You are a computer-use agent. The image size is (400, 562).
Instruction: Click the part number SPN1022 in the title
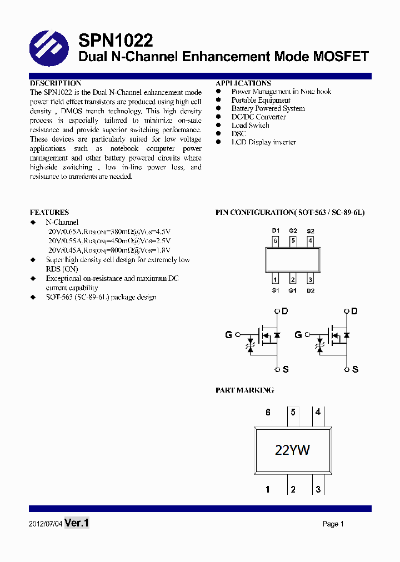click(x=116, y=41)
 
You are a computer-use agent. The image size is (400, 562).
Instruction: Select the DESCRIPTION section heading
click(x=56, y=83)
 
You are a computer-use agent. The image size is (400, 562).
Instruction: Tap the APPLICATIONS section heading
click(x=243, y=83)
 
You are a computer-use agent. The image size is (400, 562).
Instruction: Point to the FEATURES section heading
click(x=49, y=212)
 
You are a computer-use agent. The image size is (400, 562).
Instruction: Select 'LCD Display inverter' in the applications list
click(x=263, y=142)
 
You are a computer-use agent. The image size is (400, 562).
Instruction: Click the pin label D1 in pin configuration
click(x=275, y=230)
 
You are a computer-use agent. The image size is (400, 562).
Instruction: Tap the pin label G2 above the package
click(x=293, y=230)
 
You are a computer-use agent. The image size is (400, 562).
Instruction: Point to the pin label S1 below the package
click(x=275, y=290)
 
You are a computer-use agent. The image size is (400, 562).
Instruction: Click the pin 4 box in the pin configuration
click(x=311, y=241)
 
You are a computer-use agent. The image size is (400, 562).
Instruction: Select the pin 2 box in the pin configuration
click(x=293, y=280)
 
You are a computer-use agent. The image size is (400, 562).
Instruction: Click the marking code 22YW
click(x=292, y=450)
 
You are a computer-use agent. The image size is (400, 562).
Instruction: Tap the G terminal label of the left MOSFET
click(x=228, y=335)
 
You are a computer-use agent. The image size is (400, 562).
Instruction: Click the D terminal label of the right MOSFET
click(x=354, y=312)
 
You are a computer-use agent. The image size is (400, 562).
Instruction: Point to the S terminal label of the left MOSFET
click(x=285, y=369)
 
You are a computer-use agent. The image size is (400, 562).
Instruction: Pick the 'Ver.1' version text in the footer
click(x=77, y=523)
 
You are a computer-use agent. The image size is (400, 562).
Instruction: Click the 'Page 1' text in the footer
click(x=333, y=524)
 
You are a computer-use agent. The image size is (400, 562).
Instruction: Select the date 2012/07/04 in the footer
click(x=45, y=524)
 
